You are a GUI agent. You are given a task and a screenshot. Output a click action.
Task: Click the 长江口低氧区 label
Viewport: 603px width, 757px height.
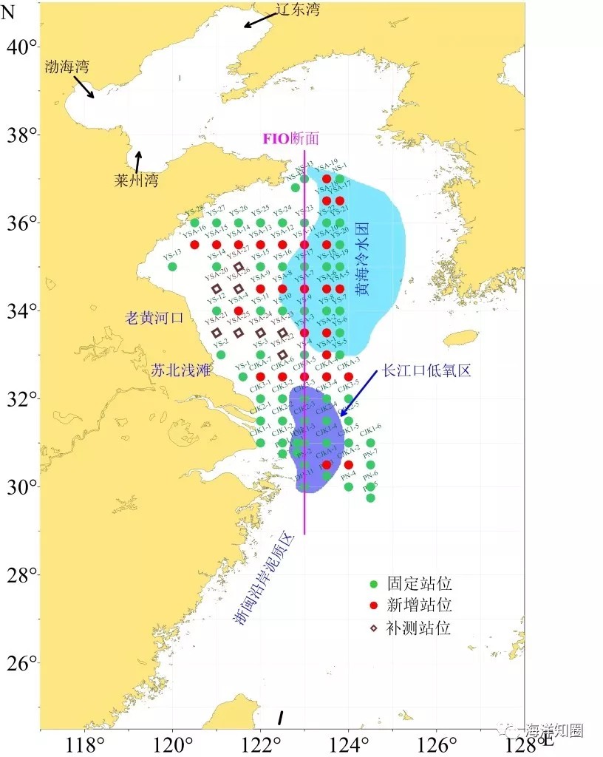(x=426, y=371)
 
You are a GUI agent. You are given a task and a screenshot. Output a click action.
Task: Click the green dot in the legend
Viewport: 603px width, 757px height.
(x=374, y=584)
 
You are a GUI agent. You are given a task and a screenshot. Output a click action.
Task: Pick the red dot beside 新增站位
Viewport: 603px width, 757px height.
(x=374, y=606)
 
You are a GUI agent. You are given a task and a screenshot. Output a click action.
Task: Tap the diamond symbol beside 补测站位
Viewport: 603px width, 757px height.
(x=374, y=628)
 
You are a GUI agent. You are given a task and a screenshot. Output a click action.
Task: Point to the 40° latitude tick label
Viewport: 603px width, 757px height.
(x=22, y=47)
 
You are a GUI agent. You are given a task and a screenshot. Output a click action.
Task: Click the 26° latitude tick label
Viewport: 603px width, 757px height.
(x=22, y=663)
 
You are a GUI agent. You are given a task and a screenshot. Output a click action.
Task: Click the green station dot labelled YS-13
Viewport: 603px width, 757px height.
(x=172, y=266)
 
